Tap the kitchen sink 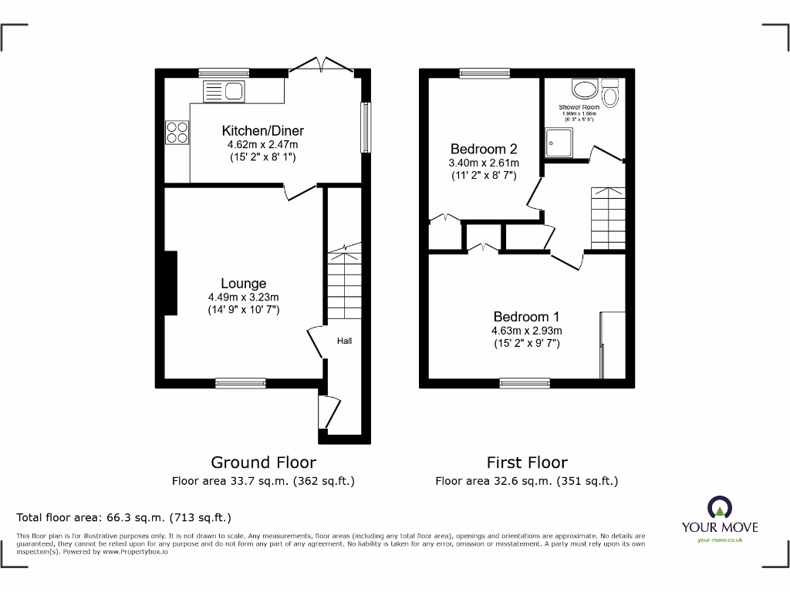click(x=224, y=92)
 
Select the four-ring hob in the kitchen click(x=177, y=133)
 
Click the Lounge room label click(x=243, y=284)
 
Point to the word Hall click(x=344, y=341)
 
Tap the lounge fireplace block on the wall click(x=170, y=283)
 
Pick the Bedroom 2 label click(x=484, y=149)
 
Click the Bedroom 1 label click(x=527, y=316)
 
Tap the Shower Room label click(x=579, y=107)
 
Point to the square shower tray click(x=558, y=143)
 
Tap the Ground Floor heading click(x=263, y=462)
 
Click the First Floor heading click(x=527, y=462)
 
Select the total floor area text click(x=123, y=518)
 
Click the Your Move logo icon click(x=719, y=507)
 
